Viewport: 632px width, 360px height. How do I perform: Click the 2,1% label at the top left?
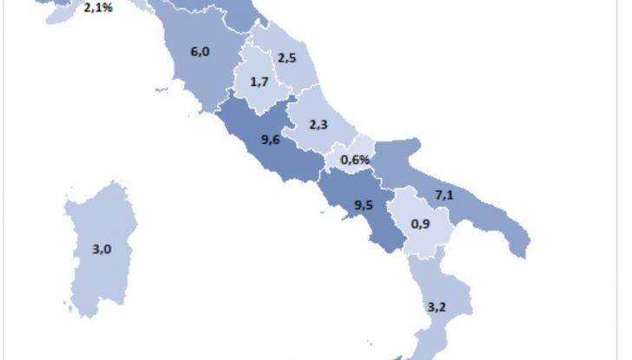pos(97,10)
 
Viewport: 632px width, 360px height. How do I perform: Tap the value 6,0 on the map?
pos(200,51)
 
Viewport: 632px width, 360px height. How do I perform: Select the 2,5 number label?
pos(287,58)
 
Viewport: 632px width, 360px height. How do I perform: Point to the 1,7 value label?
pos(258,82)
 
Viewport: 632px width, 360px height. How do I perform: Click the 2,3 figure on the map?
pos(318,125)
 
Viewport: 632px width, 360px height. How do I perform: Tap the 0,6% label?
pos(356,160)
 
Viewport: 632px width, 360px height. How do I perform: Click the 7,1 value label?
pos(444,196)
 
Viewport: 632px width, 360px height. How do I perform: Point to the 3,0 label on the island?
pos(102,249)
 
